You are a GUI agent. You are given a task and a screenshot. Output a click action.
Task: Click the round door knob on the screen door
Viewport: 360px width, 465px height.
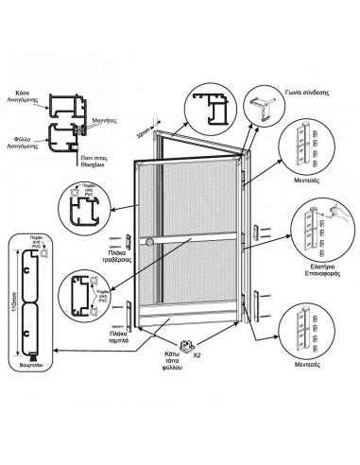tap(151, 245)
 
